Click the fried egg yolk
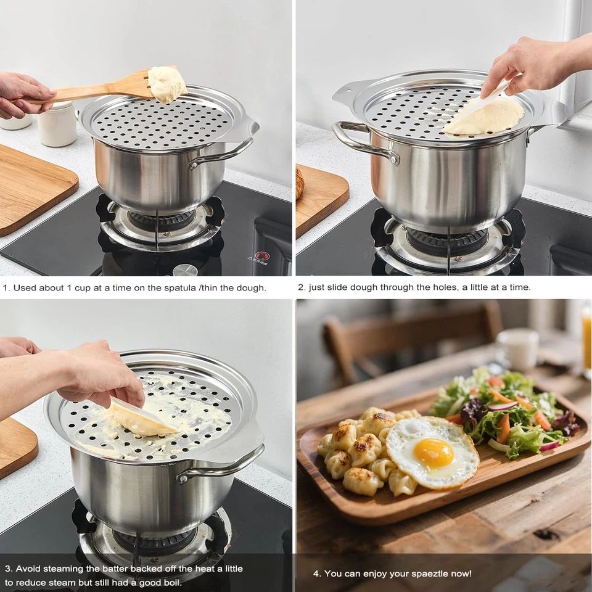tap(433, 453)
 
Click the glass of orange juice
tap(586, 339)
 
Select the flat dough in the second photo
tap(487, 117)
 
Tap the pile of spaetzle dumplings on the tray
tap(361, 450)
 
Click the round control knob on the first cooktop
tap(184, 270)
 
